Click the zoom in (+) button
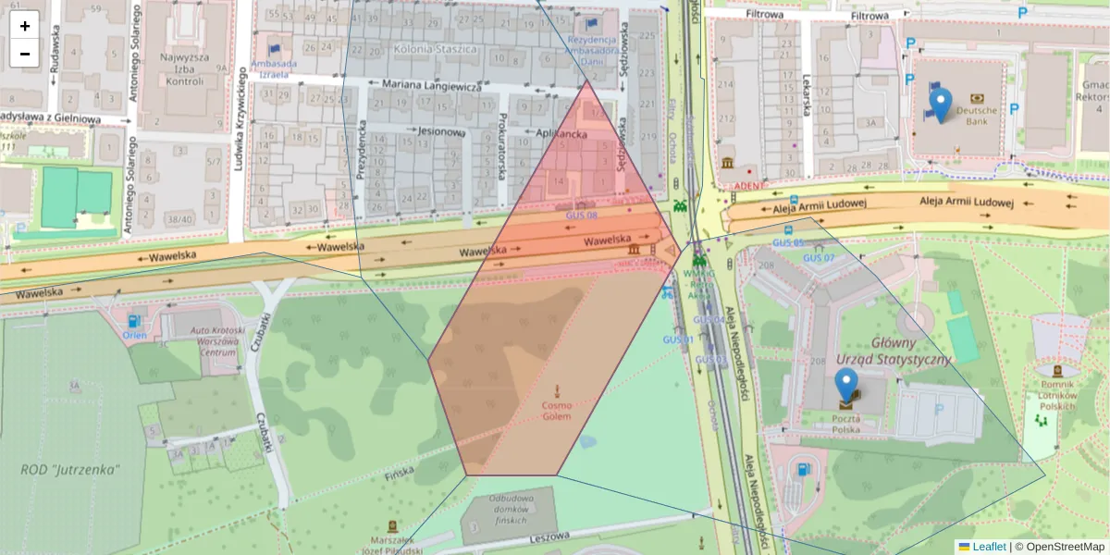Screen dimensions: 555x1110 (x=25, y=26)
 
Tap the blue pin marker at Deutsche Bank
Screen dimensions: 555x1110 (x=940, y=105)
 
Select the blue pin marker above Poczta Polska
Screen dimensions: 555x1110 (x=846, y=385)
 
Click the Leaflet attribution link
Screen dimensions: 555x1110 (x=988, y=547)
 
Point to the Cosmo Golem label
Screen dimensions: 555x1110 (x=557, y=411)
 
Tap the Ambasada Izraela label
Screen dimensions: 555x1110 (x=273, y=69)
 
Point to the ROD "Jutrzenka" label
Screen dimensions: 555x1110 (x=70, y=469)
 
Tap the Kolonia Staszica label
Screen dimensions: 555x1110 (x=435, y=48)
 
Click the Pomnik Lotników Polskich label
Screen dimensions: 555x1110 (x=1054, y=395)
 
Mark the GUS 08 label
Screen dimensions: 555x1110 (x=582, y=215)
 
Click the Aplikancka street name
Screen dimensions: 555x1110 (x=562, y=132)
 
